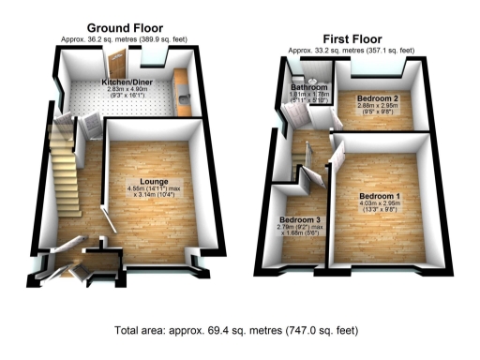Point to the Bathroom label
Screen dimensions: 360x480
click(308, 87)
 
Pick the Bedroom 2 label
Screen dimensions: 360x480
click(380, 98)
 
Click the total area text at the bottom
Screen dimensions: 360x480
click(240, 331)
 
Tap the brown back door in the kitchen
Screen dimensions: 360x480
click(116, 65)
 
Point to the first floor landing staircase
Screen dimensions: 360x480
click(305, 160)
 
